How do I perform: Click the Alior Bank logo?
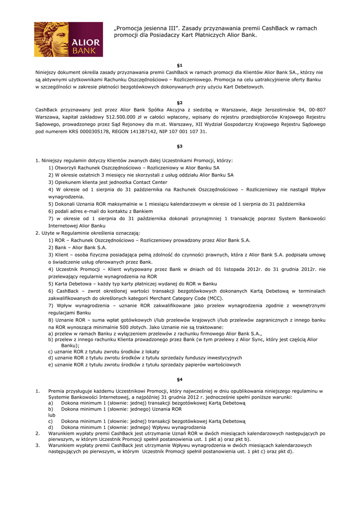tap(68, 39)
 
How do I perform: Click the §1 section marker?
tap(180, 66)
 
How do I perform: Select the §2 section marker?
tap(180, 102)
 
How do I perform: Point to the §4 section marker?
tap(180, 379)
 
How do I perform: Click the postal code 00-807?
tap(316, 109)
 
